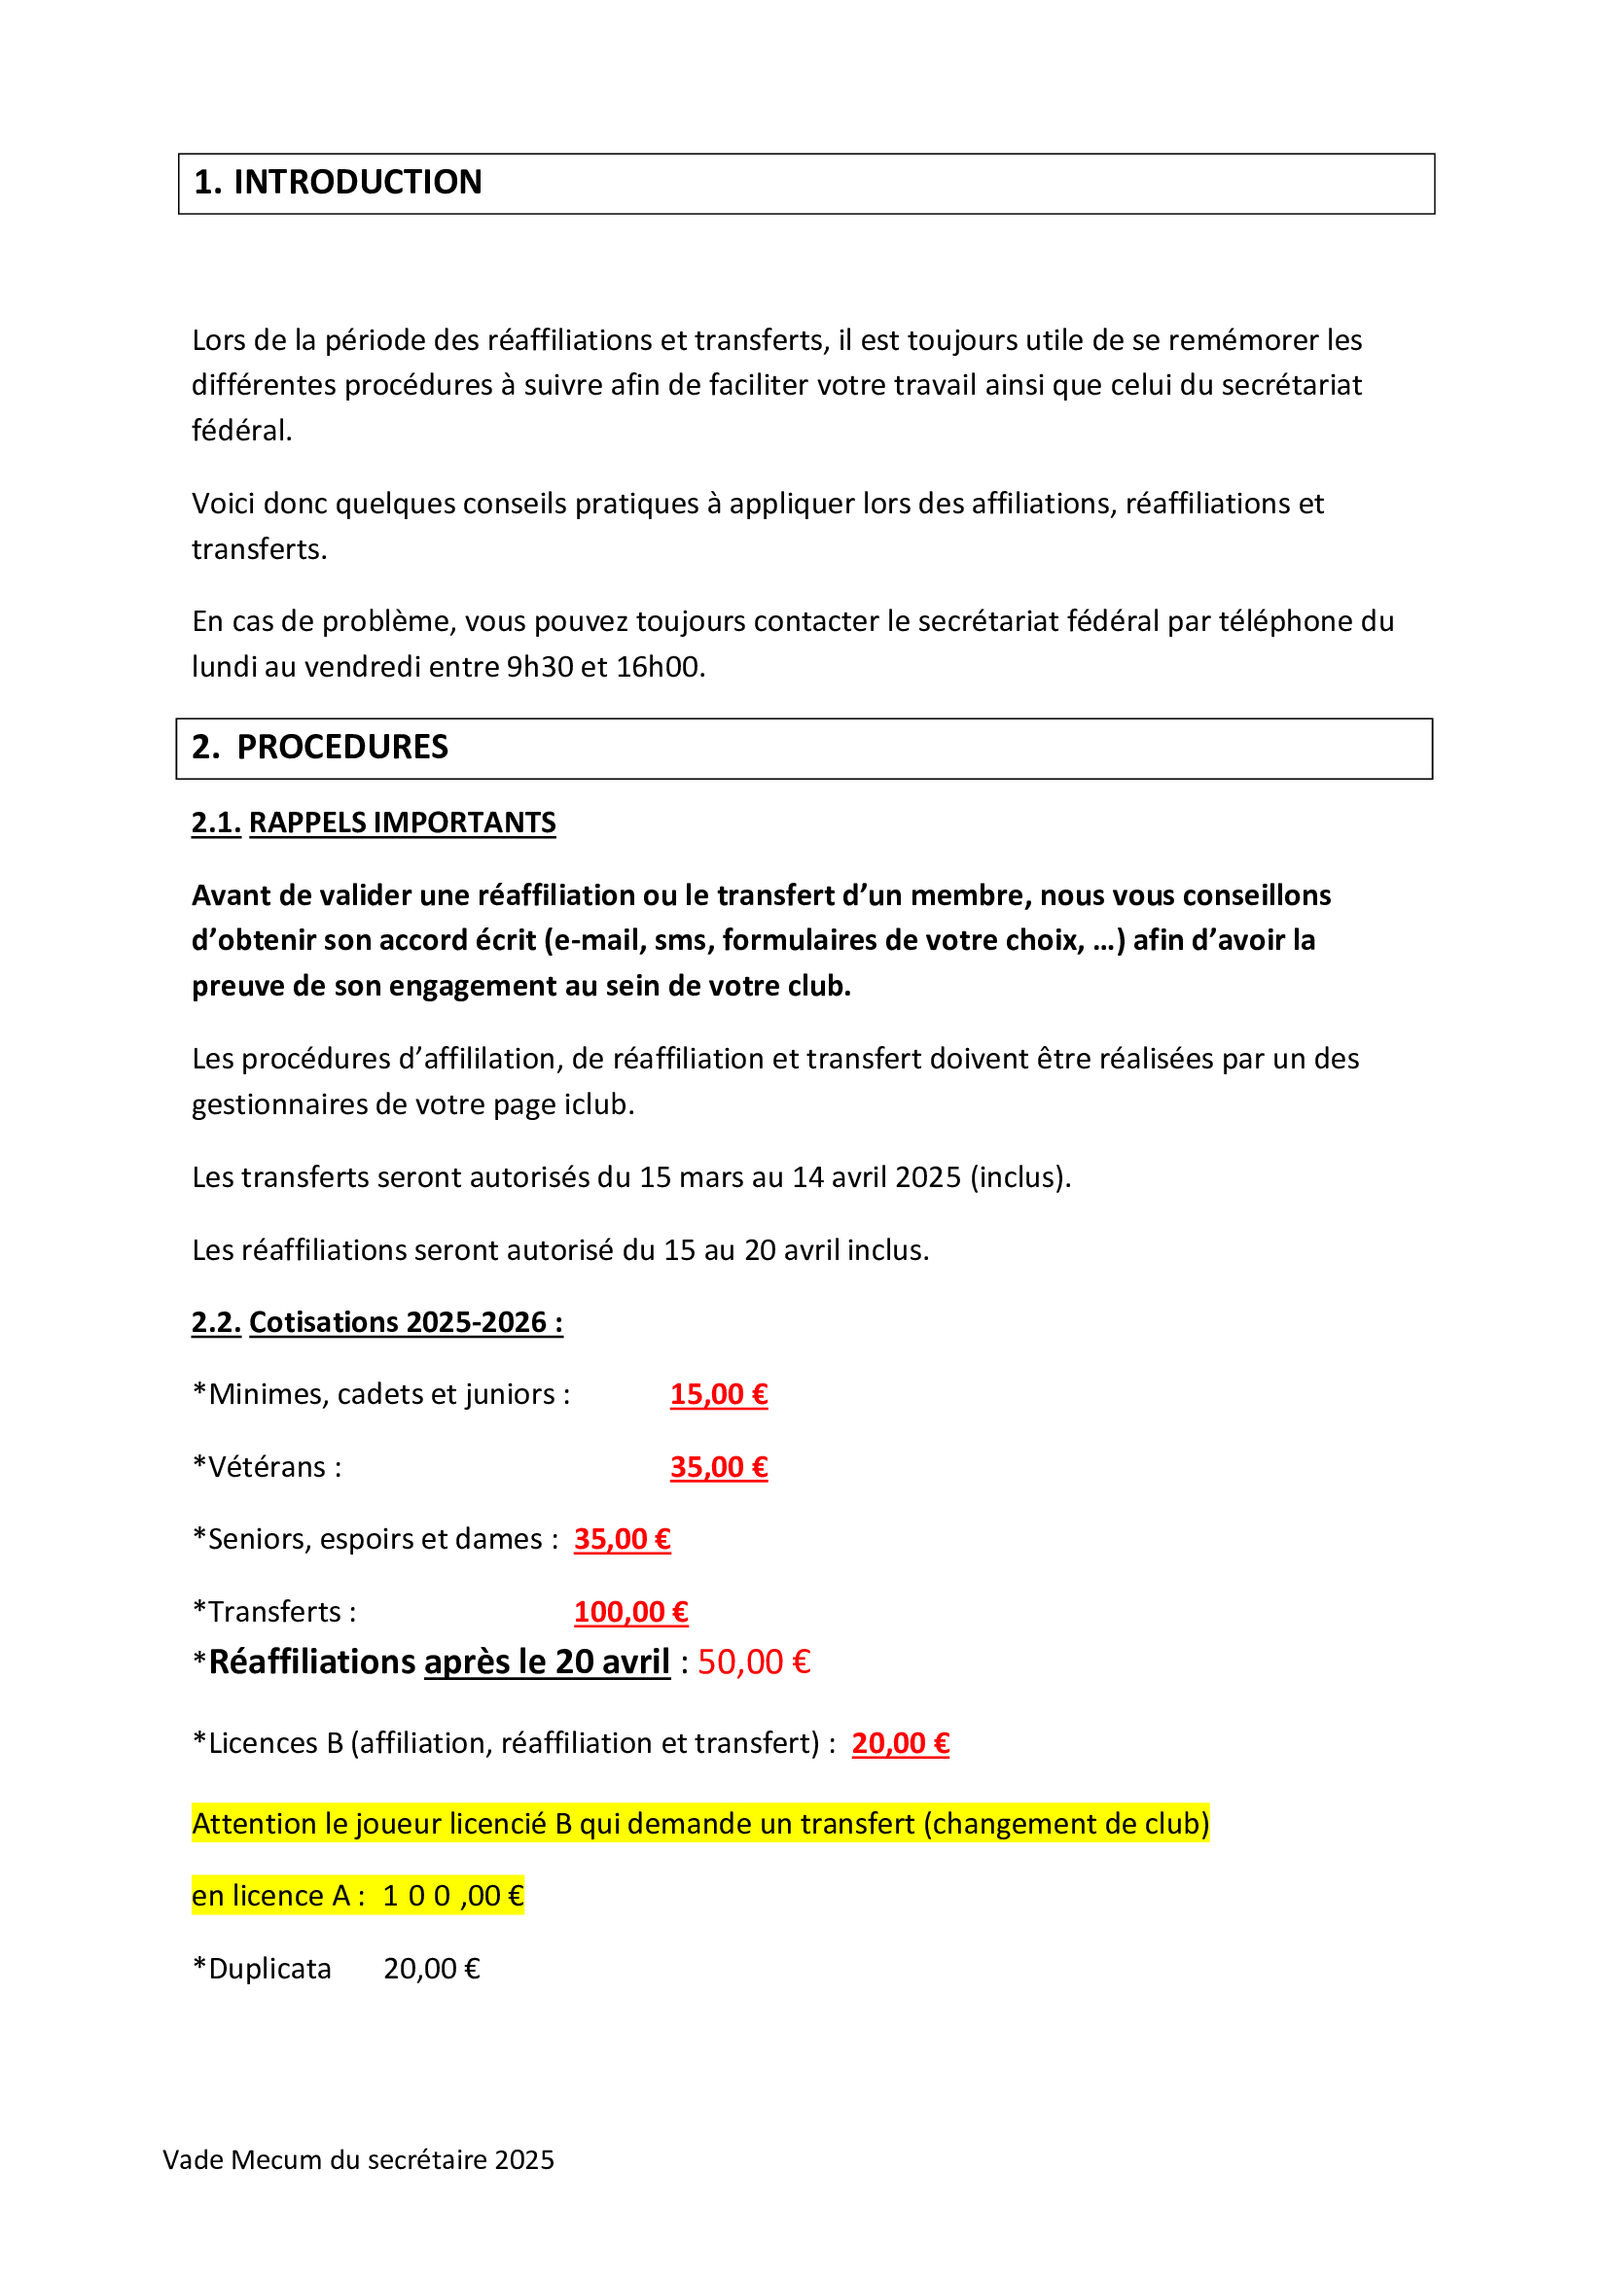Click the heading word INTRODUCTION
358,182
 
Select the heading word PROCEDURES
341,747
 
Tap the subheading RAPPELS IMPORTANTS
403,822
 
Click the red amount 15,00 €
718,1393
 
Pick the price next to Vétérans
718,1467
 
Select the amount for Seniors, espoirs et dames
623,1539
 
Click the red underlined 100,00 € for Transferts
631,1611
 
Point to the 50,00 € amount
754,1662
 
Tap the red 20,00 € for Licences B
901,1742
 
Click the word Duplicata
269,1968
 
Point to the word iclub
597,1104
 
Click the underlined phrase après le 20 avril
547,1662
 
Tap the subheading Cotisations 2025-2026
406,1322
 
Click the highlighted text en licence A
271,1896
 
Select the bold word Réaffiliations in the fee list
312,1662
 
